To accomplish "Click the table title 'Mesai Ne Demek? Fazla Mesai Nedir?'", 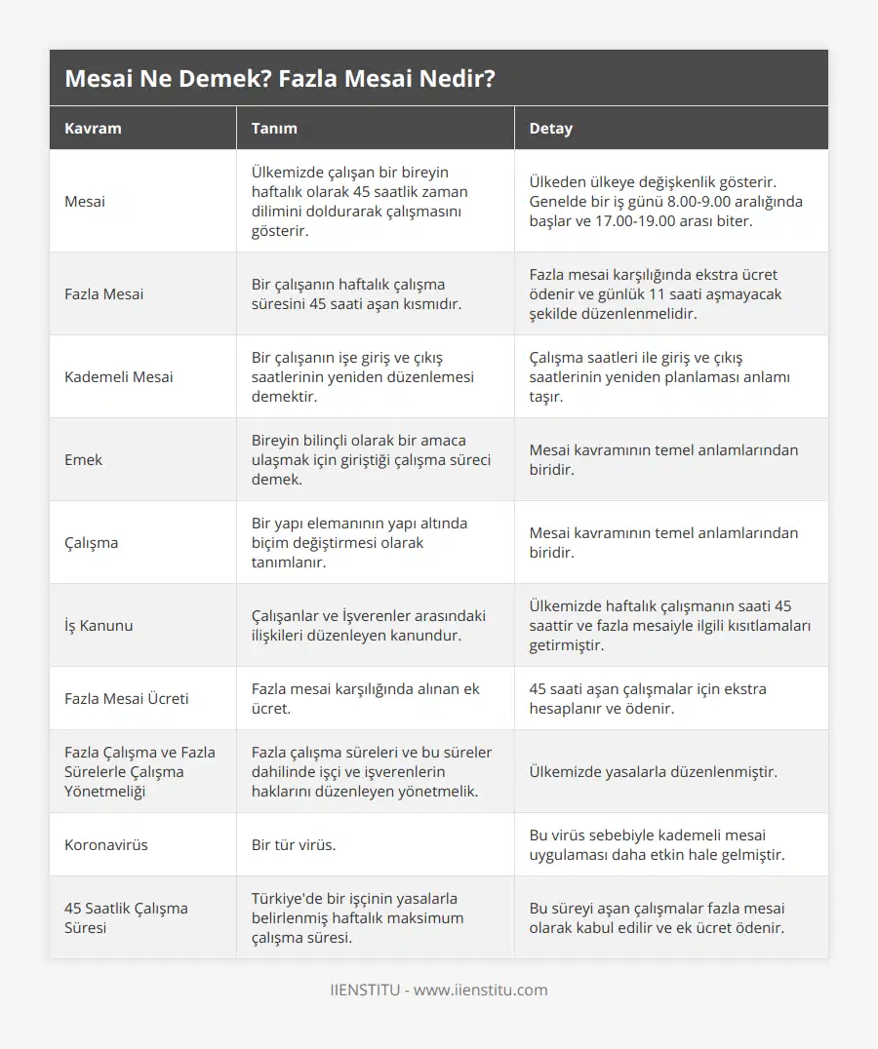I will tap(279, 79).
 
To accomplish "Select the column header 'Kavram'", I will tap(94, 129).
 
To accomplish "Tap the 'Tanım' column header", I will tap(274, 129).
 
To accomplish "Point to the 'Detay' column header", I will tap(550, 129).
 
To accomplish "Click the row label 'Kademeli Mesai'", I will tap(119, 376).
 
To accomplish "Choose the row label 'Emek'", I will tap(83, 459).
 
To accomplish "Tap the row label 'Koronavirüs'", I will tap(106, 844).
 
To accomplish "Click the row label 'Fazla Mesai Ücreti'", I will tap(127, 698).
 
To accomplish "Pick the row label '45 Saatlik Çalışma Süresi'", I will tap(126, 917).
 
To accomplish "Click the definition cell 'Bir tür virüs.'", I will tap(294, 844).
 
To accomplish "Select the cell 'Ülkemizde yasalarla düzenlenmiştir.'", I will tap(653, 771).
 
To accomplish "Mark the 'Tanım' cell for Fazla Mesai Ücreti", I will tap(365, 698).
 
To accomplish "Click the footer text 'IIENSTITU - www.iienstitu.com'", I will tap(439, 990).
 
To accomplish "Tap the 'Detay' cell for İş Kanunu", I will tap(669, 625).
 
